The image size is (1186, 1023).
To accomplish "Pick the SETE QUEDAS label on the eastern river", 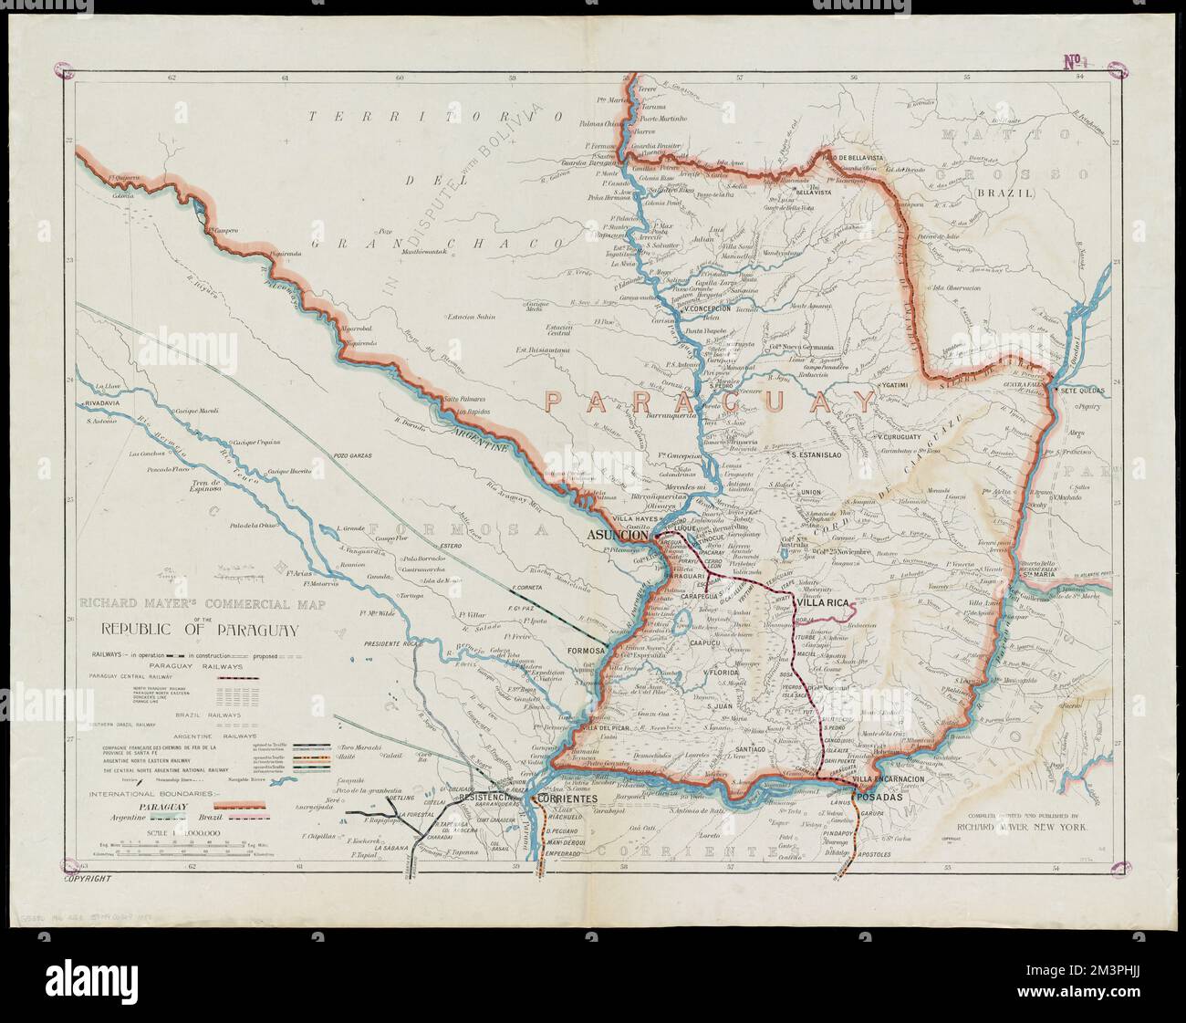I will [x=1082, y=390].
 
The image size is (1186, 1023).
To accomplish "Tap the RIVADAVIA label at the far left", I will [x=101, y=402].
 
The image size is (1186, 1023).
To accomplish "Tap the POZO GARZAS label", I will [x=355, y=454].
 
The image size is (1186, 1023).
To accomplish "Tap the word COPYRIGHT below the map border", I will [x=87, y=881].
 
